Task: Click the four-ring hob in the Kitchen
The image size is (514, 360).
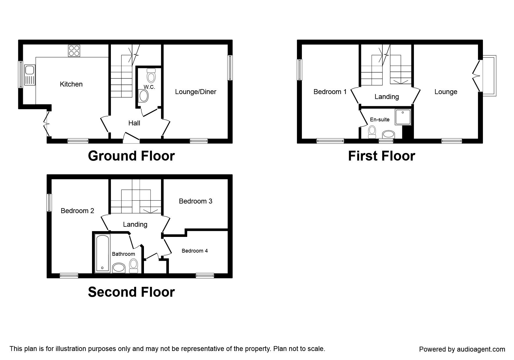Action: (74, 51)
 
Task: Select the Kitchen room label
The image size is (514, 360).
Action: (71, 84)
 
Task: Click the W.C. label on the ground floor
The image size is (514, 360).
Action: (149, 87)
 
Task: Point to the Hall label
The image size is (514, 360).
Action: (134, 123)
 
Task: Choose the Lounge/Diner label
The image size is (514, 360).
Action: (196, 92)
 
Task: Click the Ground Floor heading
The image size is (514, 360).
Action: (131, 156)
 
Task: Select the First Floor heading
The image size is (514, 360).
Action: (381, 156)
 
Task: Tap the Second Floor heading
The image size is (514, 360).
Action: (131, 292)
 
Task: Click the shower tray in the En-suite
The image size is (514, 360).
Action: (403, 117)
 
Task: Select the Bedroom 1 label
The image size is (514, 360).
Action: (330, 92)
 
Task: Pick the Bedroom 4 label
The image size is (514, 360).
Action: (194, 251)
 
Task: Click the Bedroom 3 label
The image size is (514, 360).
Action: (196, 201)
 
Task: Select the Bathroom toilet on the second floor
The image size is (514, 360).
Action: (134, 266)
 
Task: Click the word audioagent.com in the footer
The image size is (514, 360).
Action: (482, 349)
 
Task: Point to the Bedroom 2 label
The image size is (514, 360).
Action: (77, 211)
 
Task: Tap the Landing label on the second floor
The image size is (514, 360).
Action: (135, 224)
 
